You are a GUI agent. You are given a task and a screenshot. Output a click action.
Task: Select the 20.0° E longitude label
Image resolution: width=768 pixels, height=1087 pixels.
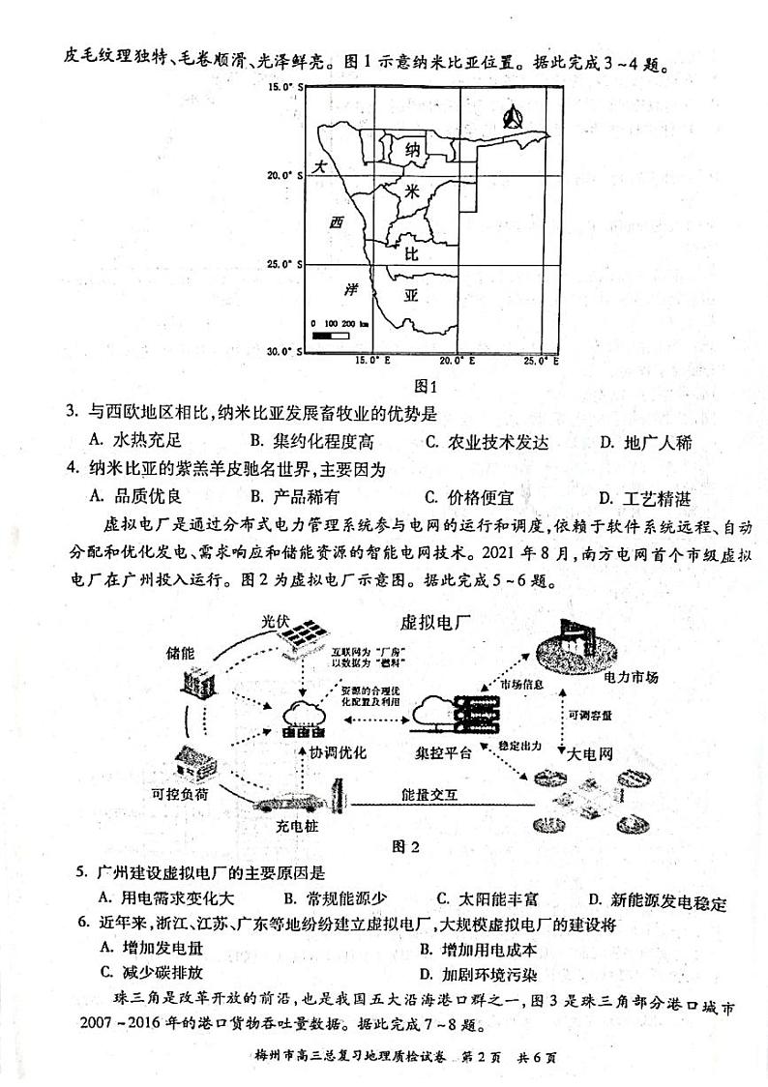tap(456, 361)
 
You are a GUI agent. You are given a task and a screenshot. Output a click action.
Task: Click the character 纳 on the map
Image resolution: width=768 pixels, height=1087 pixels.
tap(412, 150)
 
